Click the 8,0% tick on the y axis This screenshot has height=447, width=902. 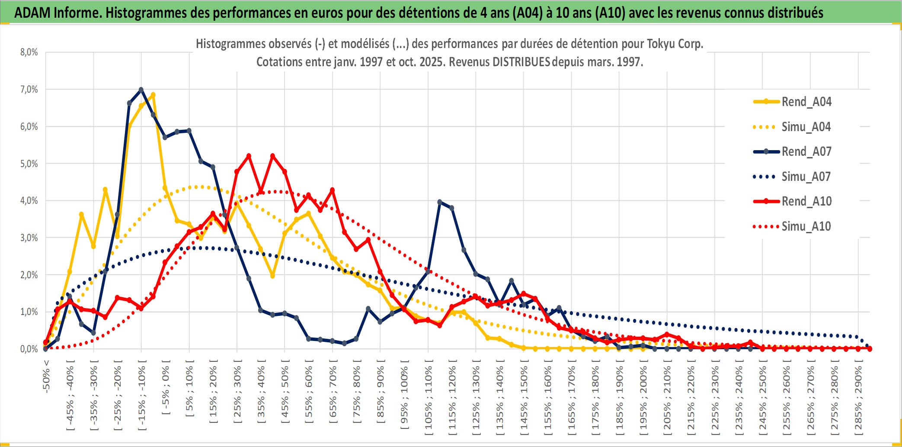[x=29, y=52]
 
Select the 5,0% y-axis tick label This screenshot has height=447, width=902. [x=29, y=164]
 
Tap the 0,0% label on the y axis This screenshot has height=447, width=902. [x=29, y=349]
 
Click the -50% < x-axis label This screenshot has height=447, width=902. [x=46, y=376]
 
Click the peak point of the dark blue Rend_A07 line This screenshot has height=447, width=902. [x=141, y=90]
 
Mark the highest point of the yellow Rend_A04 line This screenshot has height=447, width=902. [x=153, y=95]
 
